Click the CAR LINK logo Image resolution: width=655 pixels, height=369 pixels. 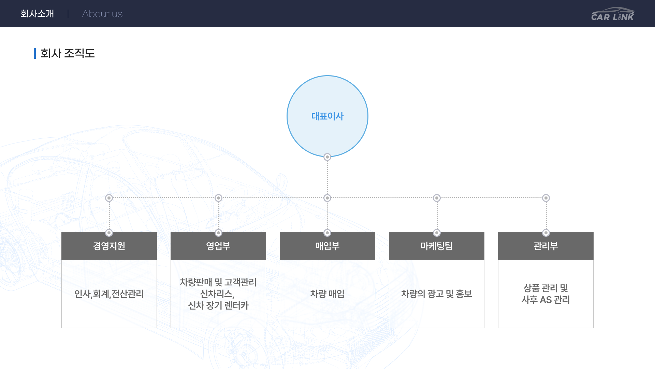pos(613,14)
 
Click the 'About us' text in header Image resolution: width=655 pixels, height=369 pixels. pos(102,14)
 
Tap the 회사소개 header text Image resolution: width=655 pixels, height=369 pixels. pos(37,14)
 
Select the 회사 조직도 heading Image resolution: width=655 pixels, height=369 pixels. pos(68,53)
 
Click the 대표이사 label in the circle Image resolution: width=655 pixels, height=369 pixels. pos(327,116)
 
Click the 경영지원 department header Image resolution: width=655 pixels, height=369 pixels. pos(109,246)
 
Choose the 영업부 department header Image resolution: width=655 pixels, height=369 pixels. pos(218,246)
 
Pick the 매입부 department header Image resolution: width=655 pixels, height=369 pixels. pos(327,246)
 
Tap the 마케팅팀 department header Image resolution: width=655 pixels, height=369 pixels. pos(437,246)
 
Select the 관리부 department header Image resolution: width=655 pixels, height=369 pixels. pos(546,246)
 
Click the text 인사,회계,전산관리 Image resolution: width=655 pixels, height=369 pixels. pos(109,294)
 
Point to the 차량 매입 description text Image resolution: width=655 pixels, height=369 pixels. pos(327,294)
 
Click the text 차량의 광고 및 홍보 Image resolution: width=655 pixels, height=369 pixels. pos(437,294)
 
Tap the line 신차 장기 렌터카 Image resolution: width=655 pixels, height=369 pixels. pos(218,305)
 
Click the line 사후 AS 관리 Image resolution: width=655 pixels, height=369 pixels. pos(546,300)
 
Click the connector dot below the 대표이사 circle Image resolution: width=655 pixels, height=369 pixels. pos(327,157)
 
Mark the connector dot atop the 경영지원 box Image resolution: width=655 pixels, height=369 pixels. pos(109,233)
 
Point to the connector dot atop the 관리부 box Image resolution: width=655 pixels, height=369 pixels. pos(546,233)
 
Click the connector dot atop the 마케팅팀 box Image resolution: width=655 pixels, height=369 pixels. pos(437,233)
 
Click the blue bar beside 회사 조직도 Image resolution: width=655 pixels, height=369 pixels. pos(35,53)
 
